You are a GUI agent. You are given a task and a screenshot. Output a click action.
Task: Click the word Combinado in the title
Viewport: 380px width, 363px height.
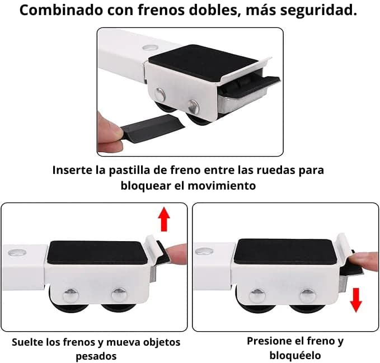pos(62,10)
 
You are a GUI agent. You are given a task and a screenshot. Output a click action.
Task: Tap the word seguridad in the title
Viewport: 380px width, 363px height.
pos(318,11)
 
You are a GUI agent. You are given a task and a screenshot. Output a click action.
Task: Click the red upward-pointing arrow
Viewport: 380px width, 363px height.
pos(164,219)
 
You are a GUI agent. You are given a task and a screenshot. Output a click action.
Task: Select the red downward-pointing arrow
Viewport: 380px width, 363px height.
pos(356,300)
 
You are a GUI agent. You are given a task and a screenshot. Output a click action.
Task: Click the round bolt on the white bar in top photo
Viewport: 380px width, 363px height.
pos(149,47)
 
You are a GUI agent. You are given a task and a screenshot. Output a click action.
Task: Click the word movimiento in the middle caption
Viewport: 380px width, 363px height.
pos(222,186)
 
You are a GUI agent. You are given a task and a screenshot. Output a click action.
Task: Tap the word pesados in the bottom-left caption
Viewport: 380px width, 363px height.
pos(96,356)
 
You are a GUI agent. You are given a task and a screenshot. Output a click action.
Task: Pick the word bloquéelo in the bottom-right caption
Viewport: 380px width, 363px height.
pos(295,356)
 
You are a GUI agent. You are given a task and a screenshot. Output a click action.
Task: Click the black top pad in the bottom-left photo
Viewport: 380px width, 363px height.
pos(97,252)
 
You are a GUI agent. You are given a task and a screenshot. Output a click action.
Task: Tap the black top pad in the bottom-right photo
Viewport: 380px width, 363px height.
pos(286,251)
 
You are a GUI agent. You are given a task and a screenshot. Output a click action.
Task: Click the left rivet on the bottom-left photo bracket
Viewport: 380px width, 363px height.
pos(71,295)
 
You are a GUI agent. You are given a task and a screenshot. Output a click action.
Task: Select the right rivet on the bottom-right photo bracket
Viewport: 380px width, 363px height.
pos(308,296)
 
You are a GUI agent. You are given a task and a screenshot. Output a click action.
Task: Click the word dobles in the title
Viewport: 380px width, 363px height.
pos(213,10)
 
